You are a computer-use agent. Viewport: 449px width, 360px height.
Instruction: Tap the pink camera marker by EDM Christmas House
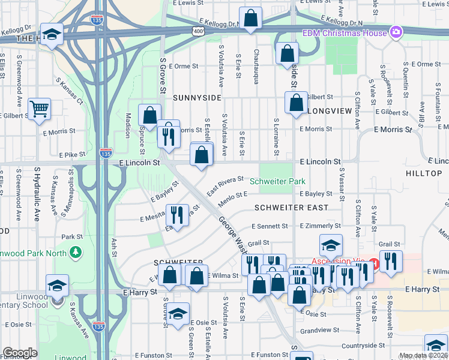tap(395, 32)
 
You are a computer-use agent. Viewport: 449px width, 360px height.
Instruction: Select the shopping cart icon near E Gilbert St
tap(40, 109)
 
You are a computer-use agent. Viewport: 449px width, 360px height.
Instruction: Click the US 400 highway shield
tap(197, 31)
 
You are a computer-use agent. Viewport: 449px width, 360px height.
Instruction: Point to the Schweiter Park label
tap(277, 181)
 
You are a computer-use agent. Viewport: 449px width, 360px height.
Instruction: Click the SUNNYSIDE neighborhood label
tap(197, 97)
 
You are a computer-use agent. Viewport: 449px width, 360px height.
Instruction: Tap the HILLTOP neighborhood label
tap(423, 173)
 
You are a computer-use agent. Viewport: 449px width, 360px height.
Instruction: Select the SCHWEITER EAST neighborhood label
tap(291, 208)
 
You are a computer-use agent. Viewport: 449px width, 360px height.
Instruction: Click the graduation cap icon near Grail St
tap(330, 245)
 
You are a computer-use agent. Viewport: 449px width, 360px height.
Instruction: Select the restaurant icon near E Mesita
tap(177, 214)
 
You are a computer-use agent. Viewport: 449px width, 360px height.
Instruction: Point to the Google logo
tap(20, 353)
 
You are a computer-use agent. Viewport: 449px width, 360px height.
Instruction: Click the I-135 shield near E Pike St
tap(106, 154)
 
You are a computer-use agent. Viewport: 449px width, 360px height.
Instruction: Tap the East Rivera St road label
tap(225, 185)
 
